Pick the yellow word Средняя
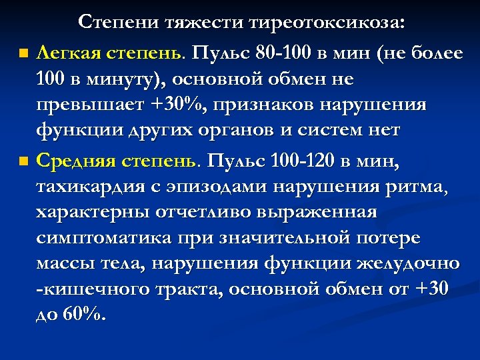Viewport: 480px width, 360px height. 73,161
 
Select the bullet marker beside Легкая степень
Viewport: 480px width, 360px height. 24,53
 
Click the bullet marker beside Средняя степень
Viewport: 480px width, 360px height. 24,162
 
